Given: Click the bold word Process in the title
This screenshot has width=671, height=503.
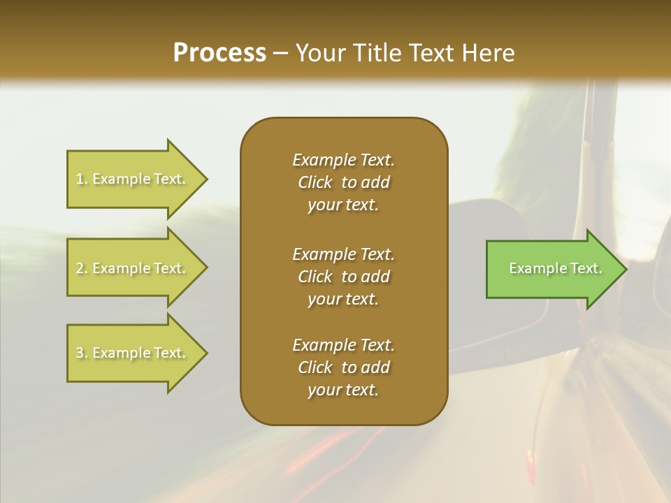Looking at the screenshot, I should pos(219,53).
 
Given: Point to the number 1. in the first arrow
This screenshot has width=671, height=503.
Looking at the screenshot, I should pos(82,180).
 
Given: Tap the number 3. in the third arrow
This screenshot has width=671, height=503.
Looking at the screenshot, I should pos(82,353).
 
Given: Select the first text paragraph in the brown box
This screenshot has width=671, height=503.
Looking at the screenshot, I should pos(343,182).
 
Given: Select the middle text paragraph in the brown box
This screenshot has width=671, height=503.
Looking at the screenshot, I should pos(343,277).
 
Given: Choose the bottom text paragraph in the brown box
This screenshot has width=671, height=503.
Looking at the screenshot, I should pos(343,367).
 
